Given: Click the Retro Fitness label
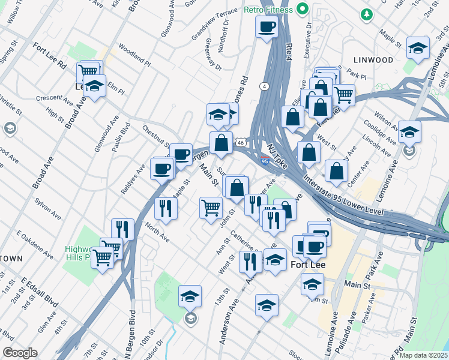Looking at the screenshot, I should click(x=270, y=10).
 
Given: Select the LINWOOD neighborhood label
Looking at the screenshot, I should click(x=373, y=60).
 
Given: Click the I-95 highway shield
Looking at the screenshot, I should click(x=265, y=161).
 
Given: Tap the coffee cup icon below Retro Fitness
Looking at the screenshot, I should click(x=267, y=26).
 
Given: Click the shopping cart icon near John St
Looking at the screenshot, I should click(x=211, y=208).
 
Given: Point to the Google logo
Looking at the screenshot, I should click(x=20, y=353).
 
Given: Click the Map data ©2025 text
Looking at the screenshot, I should click(x=424, y=355).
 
